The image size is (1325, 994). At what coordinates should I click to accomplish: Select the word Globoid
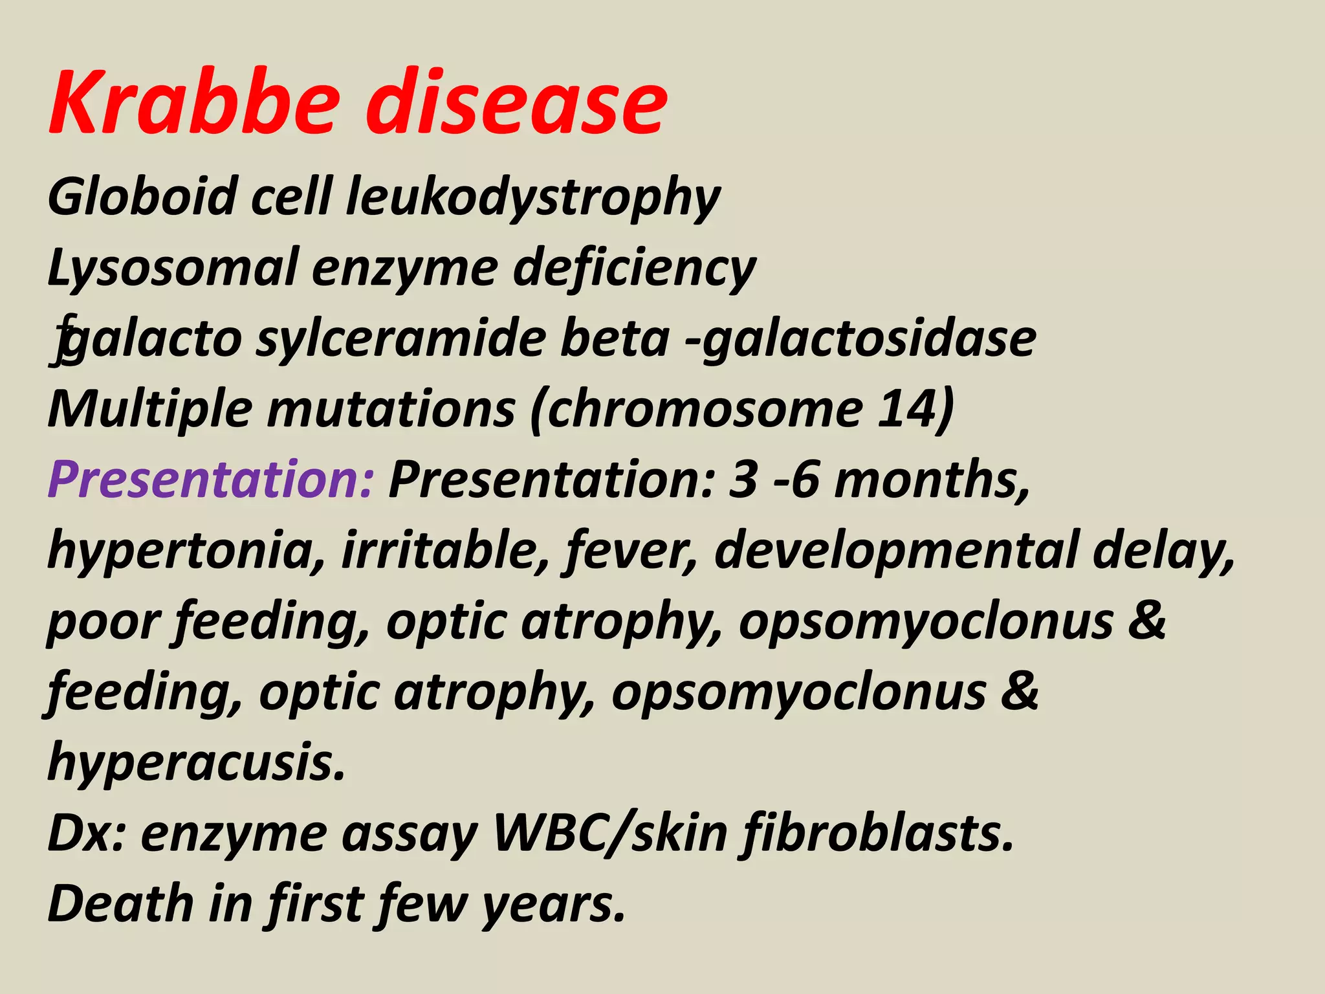click(143, 197)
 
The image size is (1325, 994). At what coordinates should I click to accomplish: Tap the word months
click(932, 480)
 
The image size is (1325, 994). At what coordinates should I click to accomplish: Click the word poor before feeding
click(104, 621)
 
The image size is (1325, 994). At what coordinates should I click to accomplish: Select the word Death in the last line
click(120, 904)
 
